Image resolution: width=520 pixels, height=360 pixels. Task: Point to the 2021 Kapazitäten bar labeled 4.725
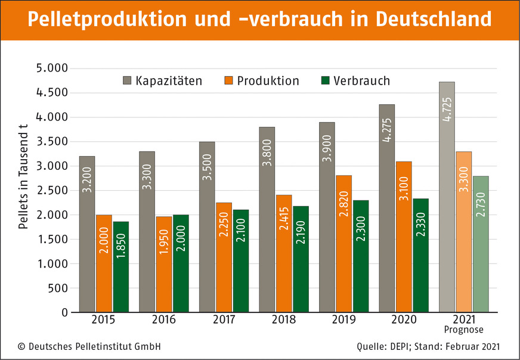pos(447,197)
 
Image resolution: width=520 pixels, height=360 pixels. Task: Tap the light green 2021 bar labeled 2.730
pos(481,244)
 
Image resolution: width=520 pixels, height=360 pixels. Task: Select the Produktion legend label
pos(268,80)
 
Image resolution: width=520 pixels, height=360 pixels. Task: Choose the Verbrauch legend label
pos(362,80)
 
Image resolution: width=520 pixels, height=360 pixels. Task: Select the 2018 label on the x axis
pos(284,319)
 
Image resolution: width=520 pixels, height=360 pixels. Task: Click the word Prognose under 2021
pos(464,330)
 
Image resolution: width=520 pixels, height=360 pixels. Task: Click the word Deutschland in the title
pos(434,20)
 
